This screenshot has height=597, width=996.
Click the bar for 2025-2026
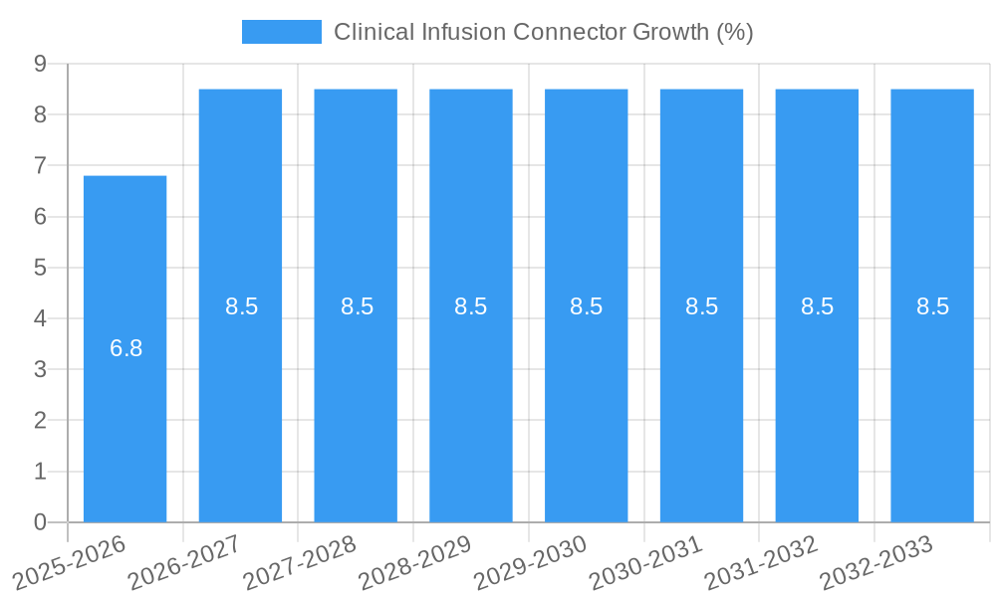click(124, 398)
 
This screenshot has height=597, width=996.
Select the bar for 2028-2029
click(471, 398)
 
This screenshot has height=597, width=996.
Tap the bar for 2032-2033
click(932, 398)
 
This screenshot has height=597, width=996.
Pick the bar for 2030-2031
click(701, 398)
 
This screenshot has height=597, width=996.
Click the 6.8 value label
click(126, 349)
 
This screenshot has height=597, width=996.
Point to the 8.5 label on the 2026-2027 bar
click(241, 306)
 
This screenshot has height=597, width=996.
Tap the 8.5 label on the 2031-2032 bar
click(817, 306)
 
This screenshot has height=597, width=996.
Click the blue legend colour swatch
click(281, 32)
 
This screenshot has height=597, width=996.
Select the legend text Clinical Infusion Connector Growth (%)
click(543, 32)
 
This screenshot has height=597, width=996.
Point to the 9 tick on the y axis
click(40, 64)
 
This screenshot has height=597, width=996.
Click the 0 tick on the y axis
click(40, 522)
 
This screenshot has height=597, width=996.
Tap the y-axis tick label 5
click(40, 268)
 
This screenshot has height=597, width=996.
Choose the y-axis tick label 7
click(40, 165)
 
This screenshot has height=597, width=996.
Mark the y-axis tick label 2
click(40, 420)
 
